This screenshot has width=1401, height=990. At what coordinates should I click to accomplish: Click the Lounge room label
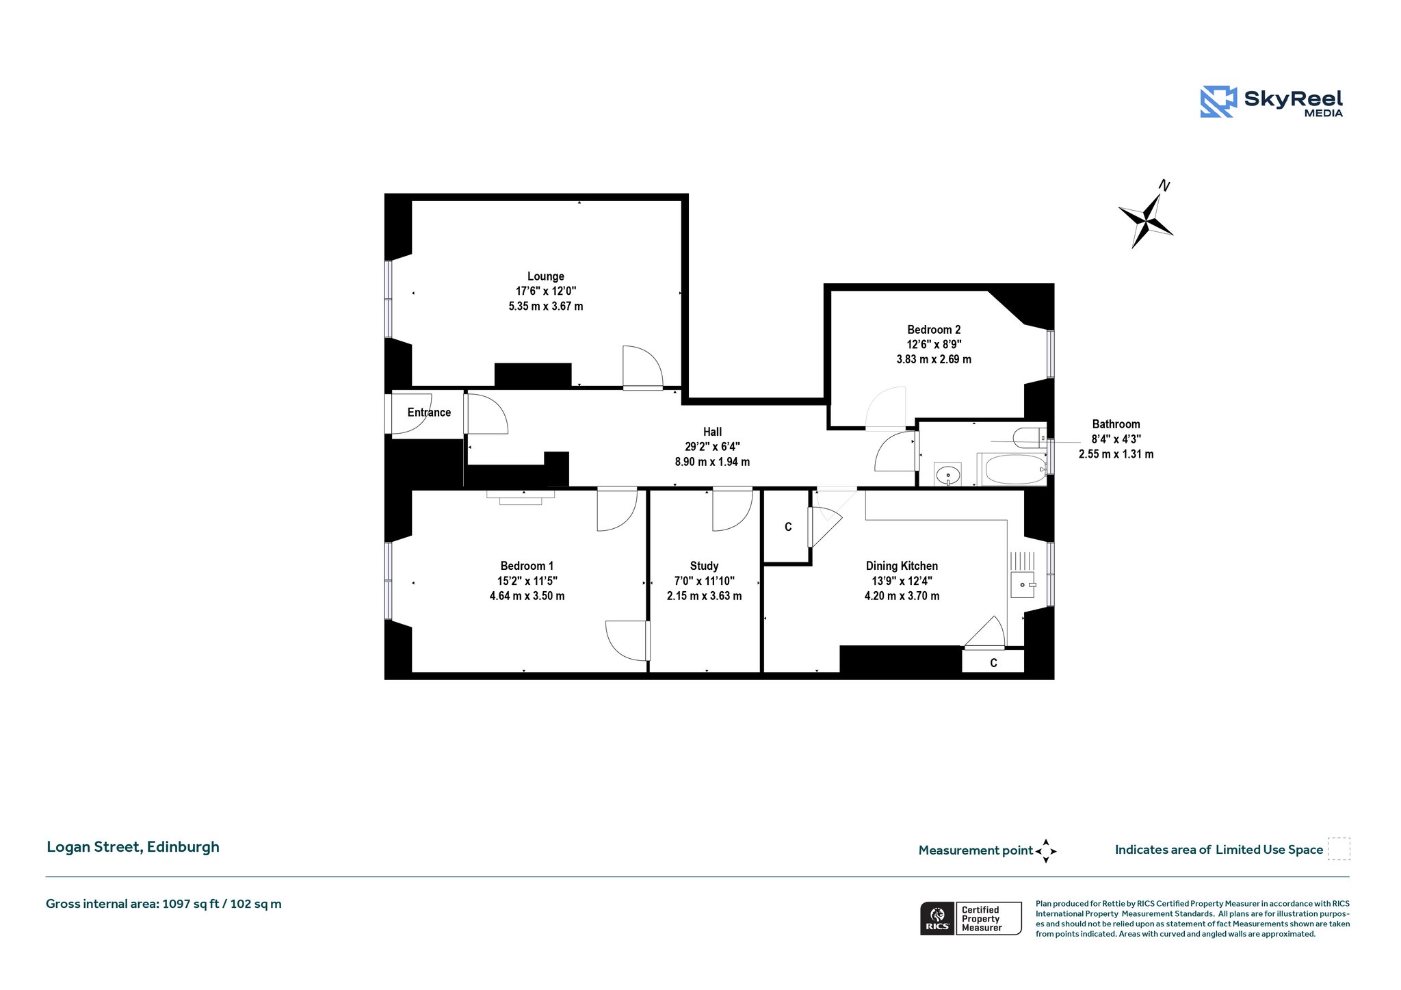click(x=545, y=276)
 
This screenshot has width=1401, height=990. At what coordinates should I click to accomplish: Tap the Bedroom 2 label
click(x=934, y=330)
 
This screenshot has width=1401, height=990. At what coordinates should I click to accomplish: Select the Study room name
click(x=704, y=566)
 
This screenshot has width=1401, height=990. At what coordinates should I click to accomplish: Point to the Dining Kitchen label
click(x=902, y=566)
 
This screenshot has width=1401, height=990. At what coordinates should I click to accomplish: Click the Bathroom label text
click(x=1116, y=424)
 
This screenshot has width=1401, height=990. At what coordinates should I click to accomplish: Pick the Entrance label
click(x=429, y=413)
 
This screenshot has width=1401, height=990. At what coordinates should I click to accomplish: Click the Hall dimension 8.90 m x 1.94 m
click(x=712, y=462)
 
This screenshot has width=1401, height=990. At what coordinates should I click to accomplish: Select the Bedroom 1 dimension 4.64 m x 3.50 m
click(x=527, y=596)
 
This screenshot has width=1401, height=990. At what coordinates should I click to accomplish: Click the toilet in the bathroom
click(x=1030, y=436)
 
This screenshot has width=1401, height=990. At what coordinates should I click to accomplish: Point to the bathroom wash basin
click(x=947, y=474)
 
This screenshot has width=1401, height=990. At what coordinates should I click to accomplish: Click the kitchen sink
click(x=1022, y=585)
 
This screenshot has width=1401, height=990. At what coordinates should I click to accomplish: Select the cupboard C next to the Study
click(x=788, y=527)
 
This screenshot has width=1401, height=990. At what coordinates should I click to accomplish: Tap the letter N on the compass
click(x=1164, y=185)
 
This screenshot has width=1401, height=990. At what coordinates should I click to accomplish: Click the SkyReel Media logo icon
click(x=1218, y=102)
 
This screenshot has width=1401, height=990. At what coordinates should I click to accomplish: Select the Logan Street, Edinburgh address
click(x=133, y=847)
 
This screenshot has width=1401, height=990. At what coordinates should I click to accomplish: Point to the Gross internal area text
click(x=163, y=904)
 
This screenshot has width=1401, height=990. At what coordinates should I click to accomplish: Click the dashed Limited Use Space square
click(x=1339, y=848)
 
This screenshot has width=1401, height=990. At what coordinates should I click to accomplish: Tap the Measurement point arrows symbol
click(x=1046, y=851)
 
